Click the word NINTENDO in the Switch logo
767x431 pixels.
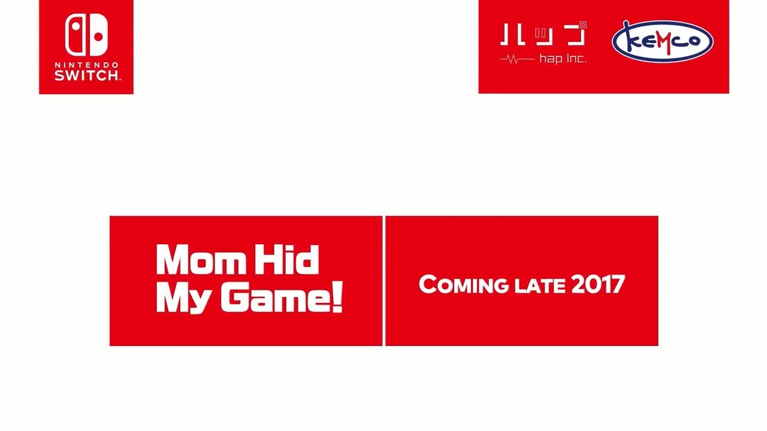click(86, 65)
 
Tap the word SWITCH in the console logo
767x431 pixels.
click(87, 75)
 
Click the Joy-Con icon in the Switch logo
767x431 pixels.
click(86, 35)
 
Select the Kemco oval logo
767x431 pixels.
click(662, 41)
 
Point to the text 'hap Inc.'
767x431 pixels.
click(563, 59)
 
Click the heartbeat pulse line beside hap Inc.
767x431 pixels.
click(517, 59)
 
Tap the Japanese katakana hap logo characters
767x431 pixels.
click(543, 34)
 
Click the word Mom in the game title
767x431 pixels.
click(201, 259)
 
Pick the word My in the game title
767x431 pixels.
click(183, 298)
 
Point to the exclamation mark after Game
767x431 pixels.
click(337, 296)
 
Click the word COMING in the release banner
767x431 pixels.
click(464, 284)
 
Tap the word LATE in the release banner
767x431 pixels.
click(540, 286)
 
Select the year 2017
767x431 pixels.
click(598, 284)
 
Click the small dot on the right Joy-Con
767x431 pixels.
click(98, 37)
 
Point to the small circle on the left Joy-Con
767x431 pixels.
click(76, 26)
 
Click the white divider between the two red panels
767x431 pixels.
click(384, 281)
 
